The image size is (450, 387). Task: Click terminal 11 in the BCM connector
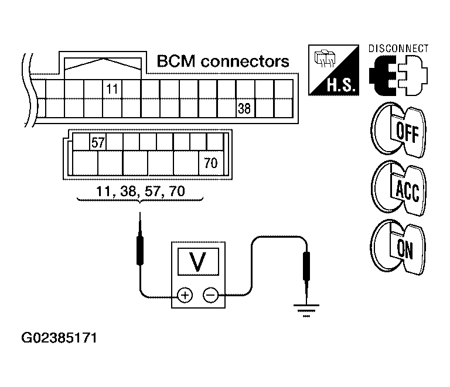(x=112, y=89)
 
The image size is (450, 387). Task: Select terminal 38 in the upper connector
(x=245, y=109)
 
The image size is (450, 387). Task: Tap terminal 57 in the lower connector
(x=98, y=142)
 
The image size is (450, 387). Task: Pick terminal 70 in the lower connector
(x=211, y=163)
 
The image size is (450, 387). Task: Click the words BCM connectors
(x=223, y=61)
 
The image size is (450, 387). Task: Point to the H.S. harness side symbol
(x=333, y=70)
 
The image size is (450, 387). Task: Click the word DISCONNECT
(x=398, y=49)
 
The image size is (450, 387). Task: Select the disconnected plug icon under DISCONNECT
(x=398, y=76)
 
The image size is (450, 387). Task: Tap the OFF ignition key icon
(x=398, y=130)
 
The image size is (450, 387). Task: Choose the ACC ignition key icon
(x=398, y=188)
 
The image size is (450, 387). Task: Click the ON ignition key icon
(x=398, y=247)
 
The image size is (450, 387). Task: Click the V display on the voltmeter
(x=198, y=262)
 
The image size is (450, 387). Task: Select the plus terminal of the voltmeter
(x=185, y=295)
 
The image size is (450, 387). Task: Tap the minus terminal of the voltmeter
(x=211, y=295)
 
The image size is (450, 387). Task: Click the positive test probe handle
(x=140, y=250)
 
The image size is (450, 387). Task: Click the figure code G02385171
(x=59, y=338)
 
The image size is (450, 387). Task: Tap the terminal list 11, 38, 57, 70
(x=141, y=191)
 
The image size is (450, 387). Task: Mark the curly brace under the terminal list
(x=140, y=200)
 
